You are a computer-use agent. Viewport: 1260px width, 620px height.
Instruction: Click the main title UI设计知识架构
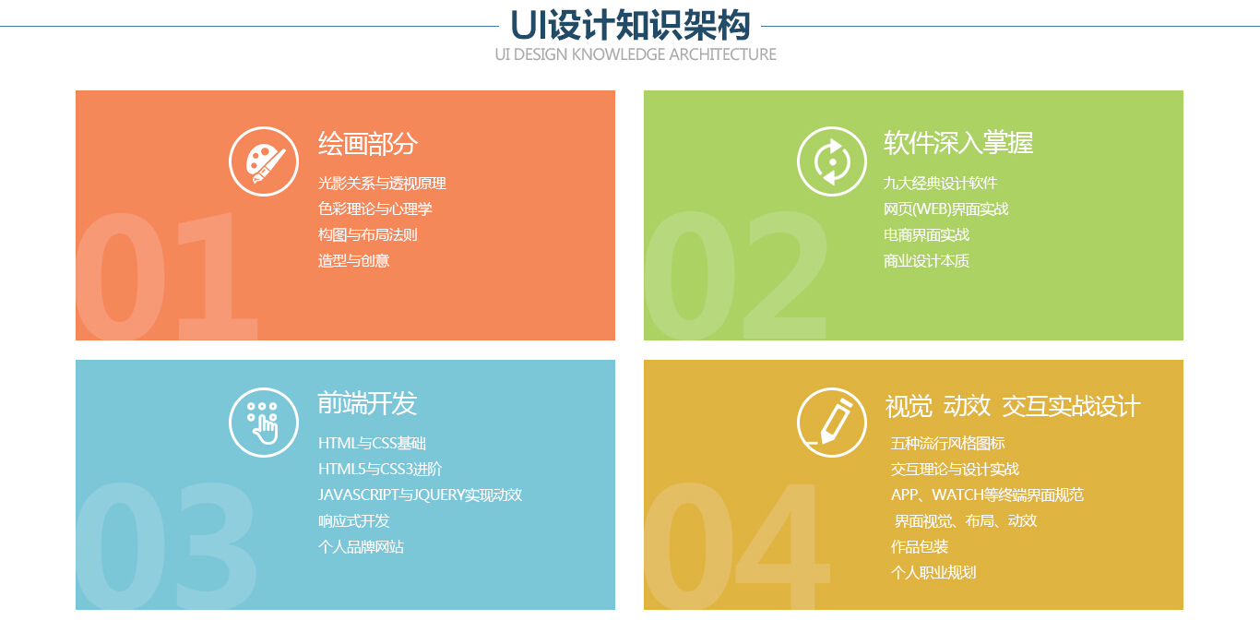click(x=630, y=25)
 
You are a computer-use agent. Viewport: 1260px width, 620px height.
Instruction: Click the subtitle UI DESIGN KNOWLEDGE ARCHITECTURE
click(x=636, y=54)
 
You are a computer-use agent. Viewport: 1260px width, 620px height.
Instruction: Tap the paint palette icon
click(x=263, y=161)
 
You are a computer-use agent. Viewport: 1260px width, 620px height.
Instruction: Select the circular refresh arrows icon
click(x=831, y=161)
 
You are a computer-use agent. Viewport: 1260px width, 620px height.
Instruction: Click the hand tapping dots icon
click(x=263, y=423)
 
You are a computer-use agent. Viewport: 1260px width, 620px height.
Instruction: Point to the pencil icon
click(x=831, y=423)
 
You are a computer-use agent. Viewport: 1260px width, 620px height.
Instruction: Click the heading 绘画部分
click(x=367, y=144)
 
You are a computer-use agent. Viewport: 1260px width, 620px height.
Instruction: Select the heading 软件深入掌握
click(x=957, y=143)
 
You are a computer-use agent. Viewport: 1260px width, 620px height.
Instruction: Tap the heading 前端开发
click(x=367, y=403)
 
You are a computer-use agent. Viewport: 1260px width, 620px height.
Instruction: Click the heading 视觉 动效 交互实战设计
click(x=1013, y=406)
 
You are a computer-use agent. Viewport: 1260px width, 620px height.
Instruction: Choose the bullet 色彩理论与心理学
click(x=374, y=209)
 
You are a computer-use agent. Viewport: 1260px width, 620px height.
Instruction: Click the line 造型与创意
click(x=353, y=261)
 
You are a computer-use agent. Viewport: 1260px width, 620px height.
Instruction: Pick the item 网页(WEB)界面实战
click(x=945, y=209)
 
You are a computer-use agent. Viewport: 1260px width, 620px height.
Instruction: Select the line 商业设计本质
click(x=926, y=261)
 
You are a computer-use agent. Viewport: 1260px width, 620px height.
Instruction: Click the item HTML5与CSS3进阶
click(x=380, y=470)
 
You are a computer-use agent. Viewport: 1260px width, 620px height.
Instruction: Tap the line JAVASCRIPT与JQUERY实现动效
click(x=420, y=495)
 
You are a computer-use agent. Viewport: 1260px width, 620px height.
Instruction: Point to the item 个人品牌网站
click(x=361, y=547)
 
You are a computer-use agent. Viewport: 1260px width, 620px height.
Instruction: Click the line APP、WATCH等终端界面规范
click(x=987, y=495)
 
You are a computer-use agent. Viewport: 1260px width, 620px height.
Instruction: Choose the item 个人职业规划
click(x=933, y=573)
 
